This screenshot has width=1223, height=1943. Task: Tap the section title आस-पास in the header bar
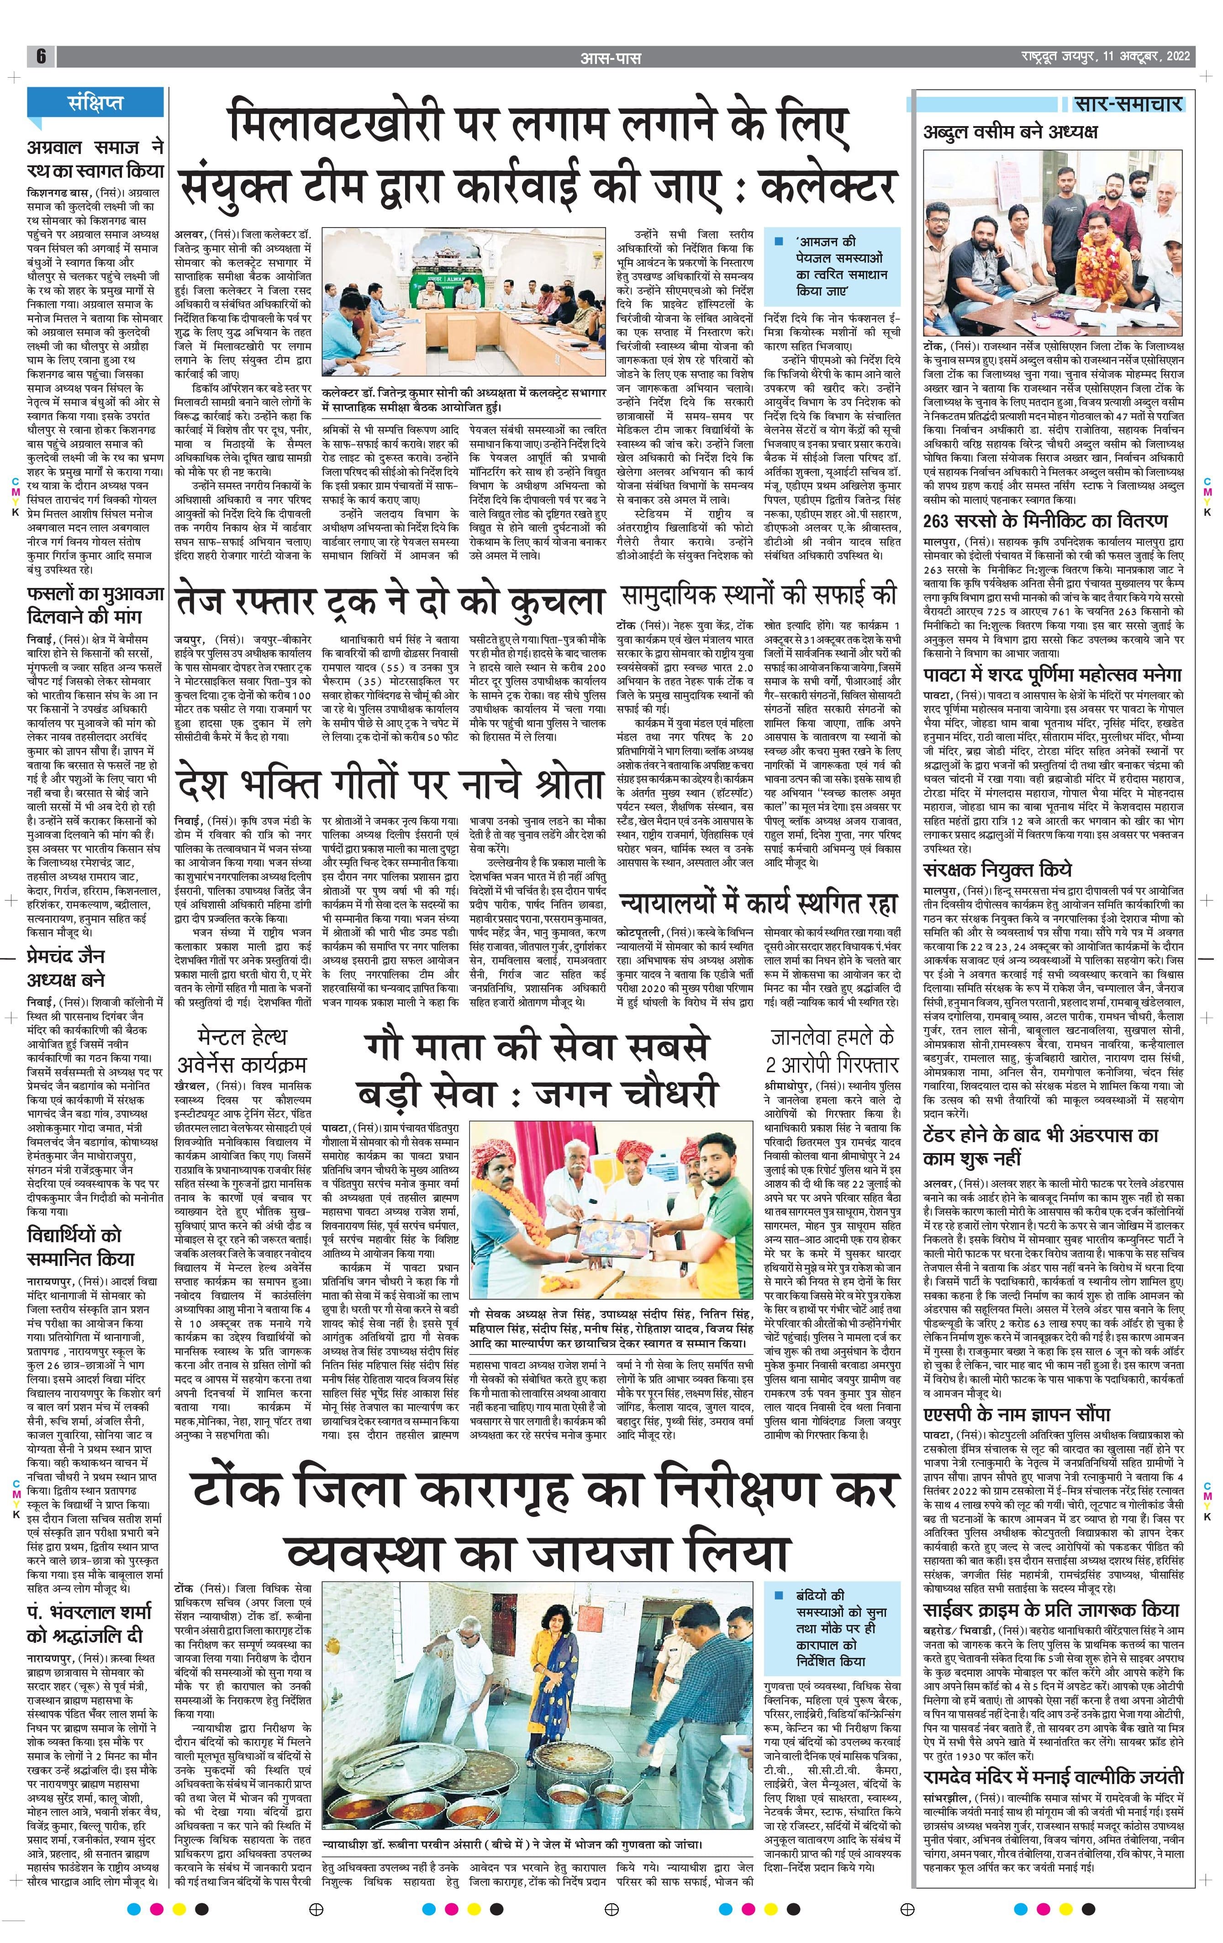(x=611, y=57)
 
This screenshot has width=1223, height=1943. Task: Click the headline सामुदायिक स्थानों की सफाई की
(x=759, y=595)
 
